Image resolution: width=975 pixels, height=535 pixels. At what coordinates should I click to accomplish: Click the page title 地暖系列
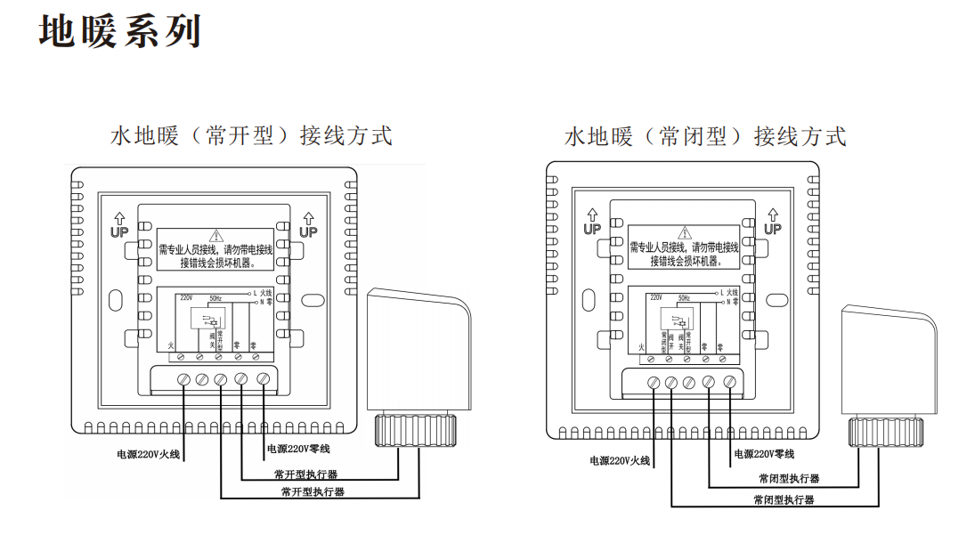(121, 31)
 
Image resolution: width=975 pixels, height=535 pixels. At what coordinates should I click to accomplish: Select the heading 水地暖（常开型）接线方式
(251, 136)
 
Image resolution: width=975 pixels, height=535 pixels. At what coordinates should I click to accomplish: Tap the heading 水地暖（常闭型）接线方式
(705, 136)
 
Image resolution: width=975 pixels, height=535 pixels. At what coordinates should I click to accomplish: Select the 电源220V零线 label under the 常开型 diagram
(297, 448)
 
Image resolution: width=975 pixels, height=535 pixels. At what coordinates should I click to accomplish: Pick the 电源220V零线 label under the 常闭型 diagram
(764, 454)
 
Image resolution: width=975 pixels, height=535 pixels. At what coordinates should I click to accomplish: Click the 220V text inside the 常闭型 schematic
(657, 297)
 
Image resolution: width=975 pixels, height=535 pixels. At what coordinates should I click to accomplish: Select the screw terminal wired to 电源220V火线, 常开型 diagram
(183, 379)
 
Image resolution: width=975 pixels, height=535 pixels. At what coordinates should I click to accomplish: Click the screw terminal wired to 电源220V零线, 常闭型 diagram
(729, 382)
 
